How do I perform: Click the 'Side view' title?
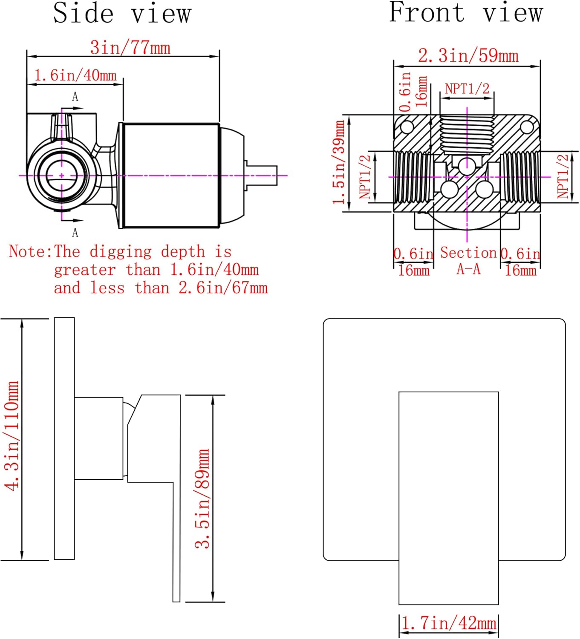point(122,13)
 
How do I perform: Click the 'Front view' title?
point(466,12)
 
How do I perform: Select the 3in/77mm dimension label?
point(130,47)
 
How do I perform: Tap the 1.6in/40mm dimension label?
point(75,75)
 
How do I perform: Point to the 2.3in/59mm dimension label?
point(468,56)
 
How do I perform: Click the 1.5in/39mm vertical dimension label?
point(339,162)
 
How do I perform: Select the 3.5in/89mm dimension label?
point(203,498)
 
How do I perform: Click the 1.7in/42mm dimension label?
point(449,623)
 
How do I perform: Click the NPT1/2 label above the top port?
point(467,89)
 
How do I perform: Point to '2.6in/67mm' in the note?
point(223,288)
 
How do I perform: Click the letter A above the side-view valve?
point(75,97)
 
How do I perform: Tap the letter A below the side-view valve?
point(75,233)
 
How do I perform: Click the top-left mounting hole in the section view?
point(407,127)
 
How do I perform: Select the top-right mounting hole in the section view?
point(527,127)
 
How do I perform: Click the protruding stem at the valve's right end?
point(261,175)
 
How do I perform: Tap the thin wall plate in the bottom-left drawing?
point(64,438)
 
